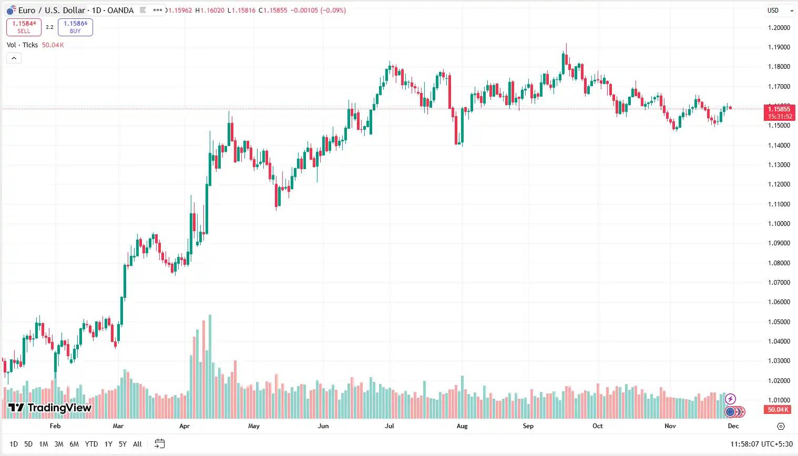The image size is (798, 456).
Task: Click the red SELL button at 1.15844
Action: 24,27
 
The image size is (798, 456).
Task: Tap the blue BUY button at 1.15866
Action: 75,27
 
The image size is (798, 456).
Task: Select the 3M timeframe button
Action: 59,444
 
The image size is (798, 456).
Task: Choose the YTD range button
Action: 91,444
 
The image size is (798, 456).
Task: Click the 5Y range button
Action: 122,444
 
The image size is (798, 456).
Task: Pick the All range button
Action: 137,444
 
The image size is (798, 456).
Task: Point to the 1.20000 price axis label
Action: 779,28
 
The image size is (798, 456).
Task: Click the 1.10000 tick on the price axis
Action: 779,224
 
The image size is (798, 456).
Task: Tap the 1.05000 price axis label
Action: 779,322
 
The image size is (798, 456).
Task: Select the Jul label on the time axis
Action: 390,426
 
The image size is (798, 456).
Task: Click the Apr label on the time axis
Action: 185,426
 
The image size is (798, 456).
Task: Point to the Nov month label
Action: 670,426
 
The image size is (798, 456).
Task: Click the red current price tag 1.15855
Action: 779,109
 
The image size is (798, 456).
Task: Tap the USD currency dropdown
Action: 780,11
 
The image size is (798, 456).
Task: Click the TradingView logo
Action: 50,408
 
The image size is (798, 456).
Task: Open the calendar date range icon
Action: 160,444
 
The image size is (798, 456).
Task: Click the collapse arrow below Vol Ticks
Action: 14,58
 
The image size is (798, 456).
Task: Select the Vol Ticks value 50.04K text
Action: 53,45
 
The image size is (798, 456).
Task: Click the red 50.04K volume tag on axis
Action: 778,410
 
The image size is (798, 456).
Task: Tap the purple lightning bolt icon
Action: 730,399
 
